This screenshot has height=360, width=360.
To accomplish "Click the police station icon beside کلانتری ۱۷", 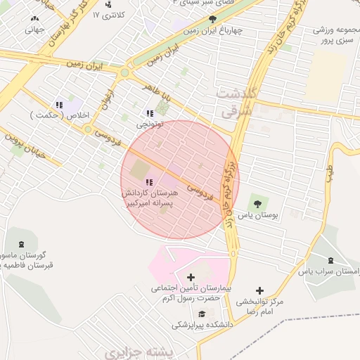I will click(108, 4).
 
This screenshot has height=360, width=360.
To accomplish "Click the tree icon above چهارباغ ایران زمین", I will click(214, 20).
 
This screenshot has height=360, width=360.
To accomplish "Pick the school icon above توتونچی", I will click(149, 112).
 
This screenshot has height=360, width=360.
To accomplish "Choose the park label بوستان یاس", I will click(258, 215).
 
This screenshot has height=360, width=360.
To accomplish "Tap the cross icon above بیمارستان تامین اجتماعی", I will click(191, 278).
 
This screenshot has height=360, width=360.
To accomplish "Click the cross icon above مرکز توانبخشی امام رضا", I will click(260, 290).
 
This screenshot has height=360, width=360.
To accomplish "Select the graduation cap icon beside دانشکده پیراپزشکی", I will click(202, 314).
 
